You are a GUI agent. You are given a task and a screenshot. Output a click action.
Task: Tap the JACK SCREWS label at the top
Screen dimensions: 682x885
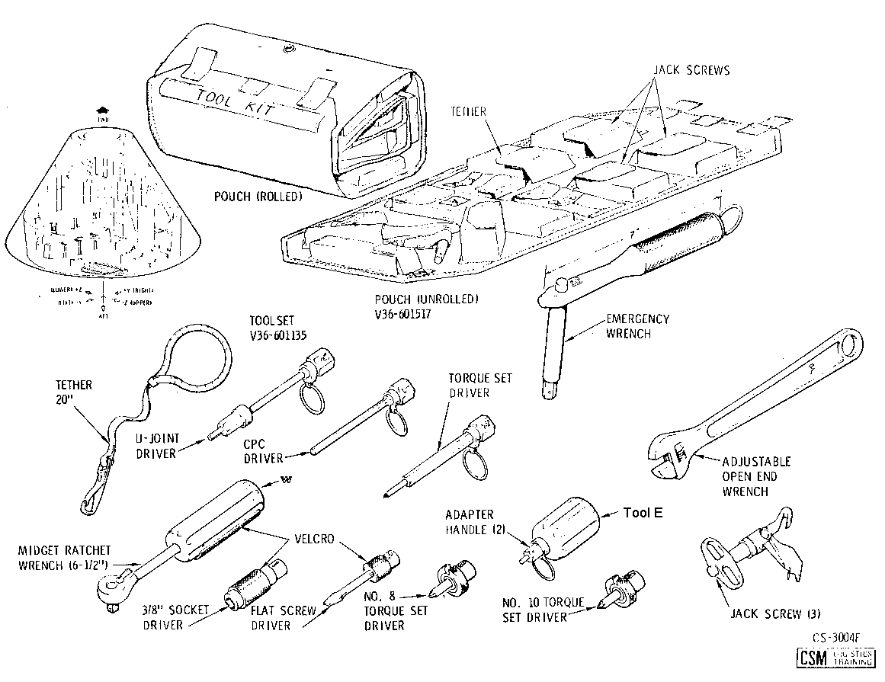pyautogui.click(x=691, y=70)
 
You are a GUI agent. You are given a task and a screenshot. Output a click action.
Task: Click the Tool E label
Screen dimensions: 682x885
pyautogui.click(x=643, y=513)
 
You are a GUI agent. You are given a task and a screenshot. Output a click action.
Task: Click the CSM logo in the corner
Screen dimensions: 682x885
pyautogui.click(x=813, y=658)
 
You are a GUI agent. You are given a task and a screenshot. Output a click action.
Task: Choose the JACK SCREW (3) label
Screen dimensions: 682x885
pyautogui.click(x=775, y=613)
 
